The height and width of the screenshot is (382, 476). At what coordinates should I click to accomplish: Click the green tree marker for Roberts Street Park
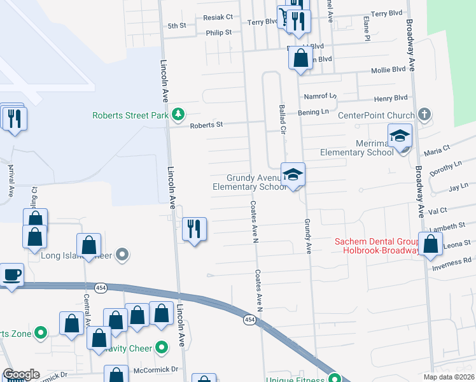[179, 115]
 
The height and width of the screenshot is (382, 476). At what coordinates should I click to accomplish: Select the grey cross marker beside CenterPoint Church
[425, 115]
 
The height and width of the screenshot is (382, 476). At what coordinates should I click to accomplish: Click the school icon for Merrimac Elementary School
[400, 136]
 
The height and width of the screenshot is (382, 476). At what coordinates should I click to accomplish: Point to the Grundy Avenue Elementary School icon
[293, 175]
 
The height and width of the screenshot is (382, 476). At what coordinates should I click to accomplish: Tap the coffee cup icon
[11, 276]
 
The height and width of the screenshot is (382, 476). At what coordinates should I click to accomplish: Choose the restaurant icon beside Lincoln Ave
[195, 229]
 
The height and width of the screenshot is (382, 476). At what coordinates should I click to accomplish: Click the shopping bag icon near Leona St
[431, 244]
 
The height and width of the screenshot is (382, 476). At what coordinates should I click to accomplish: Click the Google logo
[21, 374]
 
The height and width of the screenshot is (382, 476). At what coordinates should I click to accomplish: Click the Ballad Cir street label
[281, 119]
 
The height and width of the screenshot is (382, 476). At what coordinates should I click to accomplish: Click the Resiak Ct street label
[218, 17]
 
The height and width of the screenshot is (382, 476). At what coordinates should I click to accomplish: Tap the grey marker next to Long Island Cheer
[123, 256]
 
